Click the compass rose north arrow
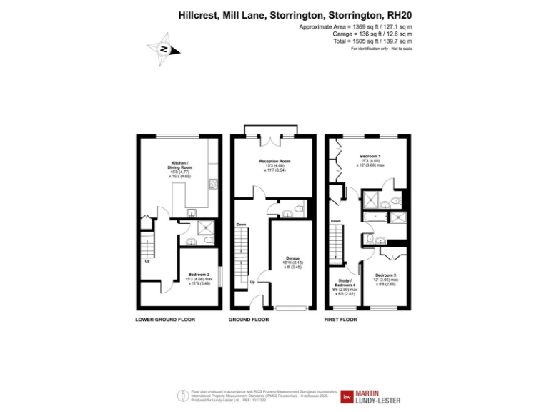tap(164, 49)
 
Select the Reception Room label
tap(274, 165)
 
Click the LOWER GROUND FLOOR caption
tap(165, 320)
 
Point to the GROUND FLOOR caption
tap(249, 320)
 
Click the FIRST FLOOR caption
tap(340, 320)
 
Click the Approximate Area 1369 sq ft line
tap(356, 26)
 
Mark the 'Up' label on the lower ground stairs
tap(147, 260)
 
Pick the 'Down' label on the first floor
tap(336, 221)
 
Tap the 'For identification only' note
tap(382, 49)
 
